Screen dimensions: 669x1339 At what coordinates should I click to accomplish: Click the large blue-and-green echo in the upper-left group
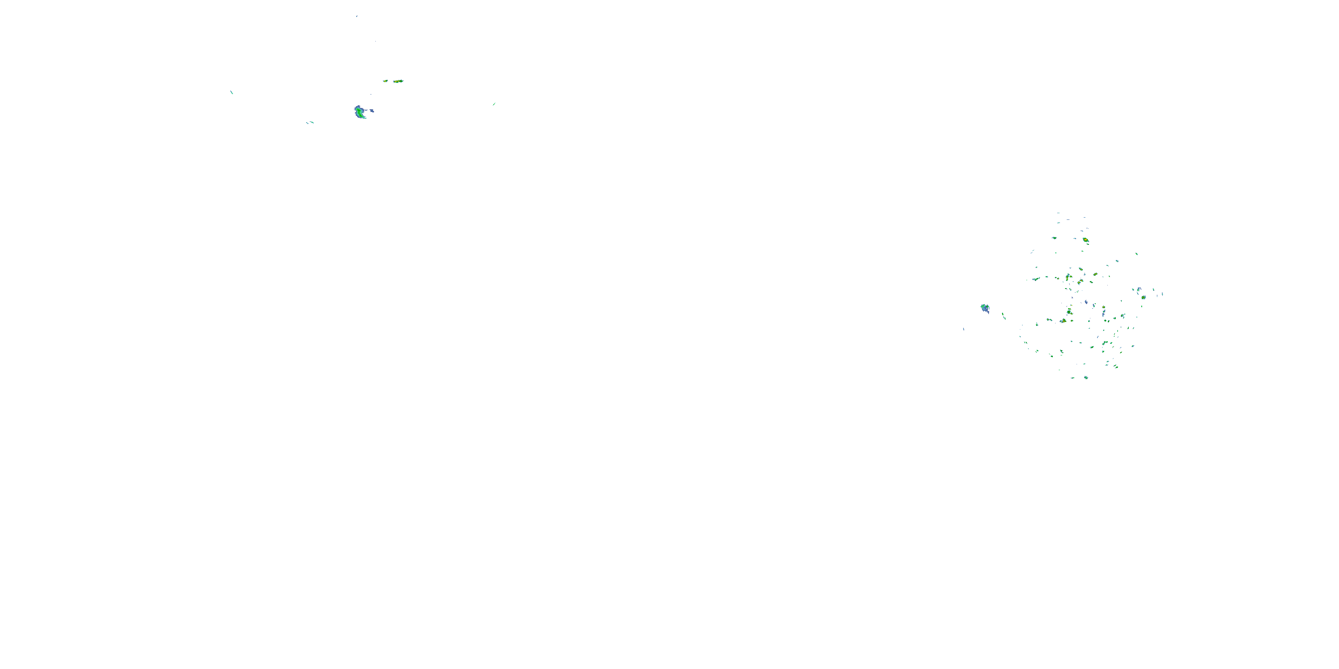[360, 111]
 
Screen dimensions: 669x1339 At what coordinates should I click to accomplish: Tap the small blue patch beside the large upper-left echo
[372, 111]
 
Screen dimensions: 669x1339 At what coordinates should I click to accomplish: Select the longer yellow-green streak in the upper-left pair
[398, 81]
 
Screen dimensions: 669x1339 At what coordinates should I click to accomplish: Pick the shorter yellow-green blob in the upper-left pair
[385, 81]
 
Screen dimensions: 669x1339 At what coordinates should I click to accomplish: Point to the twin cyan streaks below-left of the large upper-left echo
[310, 123]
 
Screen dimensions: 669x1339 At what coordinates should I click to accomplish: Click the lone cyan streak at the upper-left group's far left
[231, 92]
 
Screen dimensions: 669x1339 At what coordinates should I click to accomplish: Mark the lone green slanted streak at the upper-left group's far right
[494, 104]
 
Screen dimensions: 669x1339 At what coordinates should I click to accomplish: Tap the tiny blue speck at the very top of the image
[357, 16]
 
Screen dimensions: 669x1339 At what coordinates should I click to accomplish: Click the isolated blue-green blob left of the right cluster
[985, 308]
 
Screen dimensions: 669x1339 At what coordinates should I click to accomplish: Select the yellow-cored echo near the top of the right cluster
[1085, 240]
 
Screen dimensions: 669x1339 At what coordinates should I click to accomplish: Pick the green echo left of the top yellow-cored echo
[1054, 238]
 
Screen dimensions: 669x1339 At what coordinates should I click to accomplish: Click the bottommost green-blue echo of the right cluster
[1086, 378]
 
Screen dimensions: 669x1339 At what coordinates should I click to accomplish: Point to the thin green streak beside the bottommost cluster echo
[1073, 378]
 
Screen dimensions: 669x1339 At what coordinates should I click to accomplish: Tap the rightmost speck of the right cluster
[1162, 294]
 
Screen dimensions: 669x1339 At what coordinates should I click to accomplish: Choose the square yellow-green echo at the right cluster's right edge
[1144, 297]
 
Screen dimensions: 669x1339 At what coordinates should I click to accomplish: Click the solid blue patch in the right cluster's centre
[1086, 302]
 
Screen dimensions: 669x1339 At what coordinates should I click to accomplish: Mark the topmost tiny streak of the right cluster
[1058, 213]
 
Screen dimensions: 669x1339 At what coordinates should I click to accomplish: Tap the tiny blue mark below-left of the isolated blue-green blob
[963, 328]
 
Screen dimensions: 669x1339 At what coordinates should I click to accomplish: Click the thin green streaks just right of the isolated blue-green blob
[1003, 315]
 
